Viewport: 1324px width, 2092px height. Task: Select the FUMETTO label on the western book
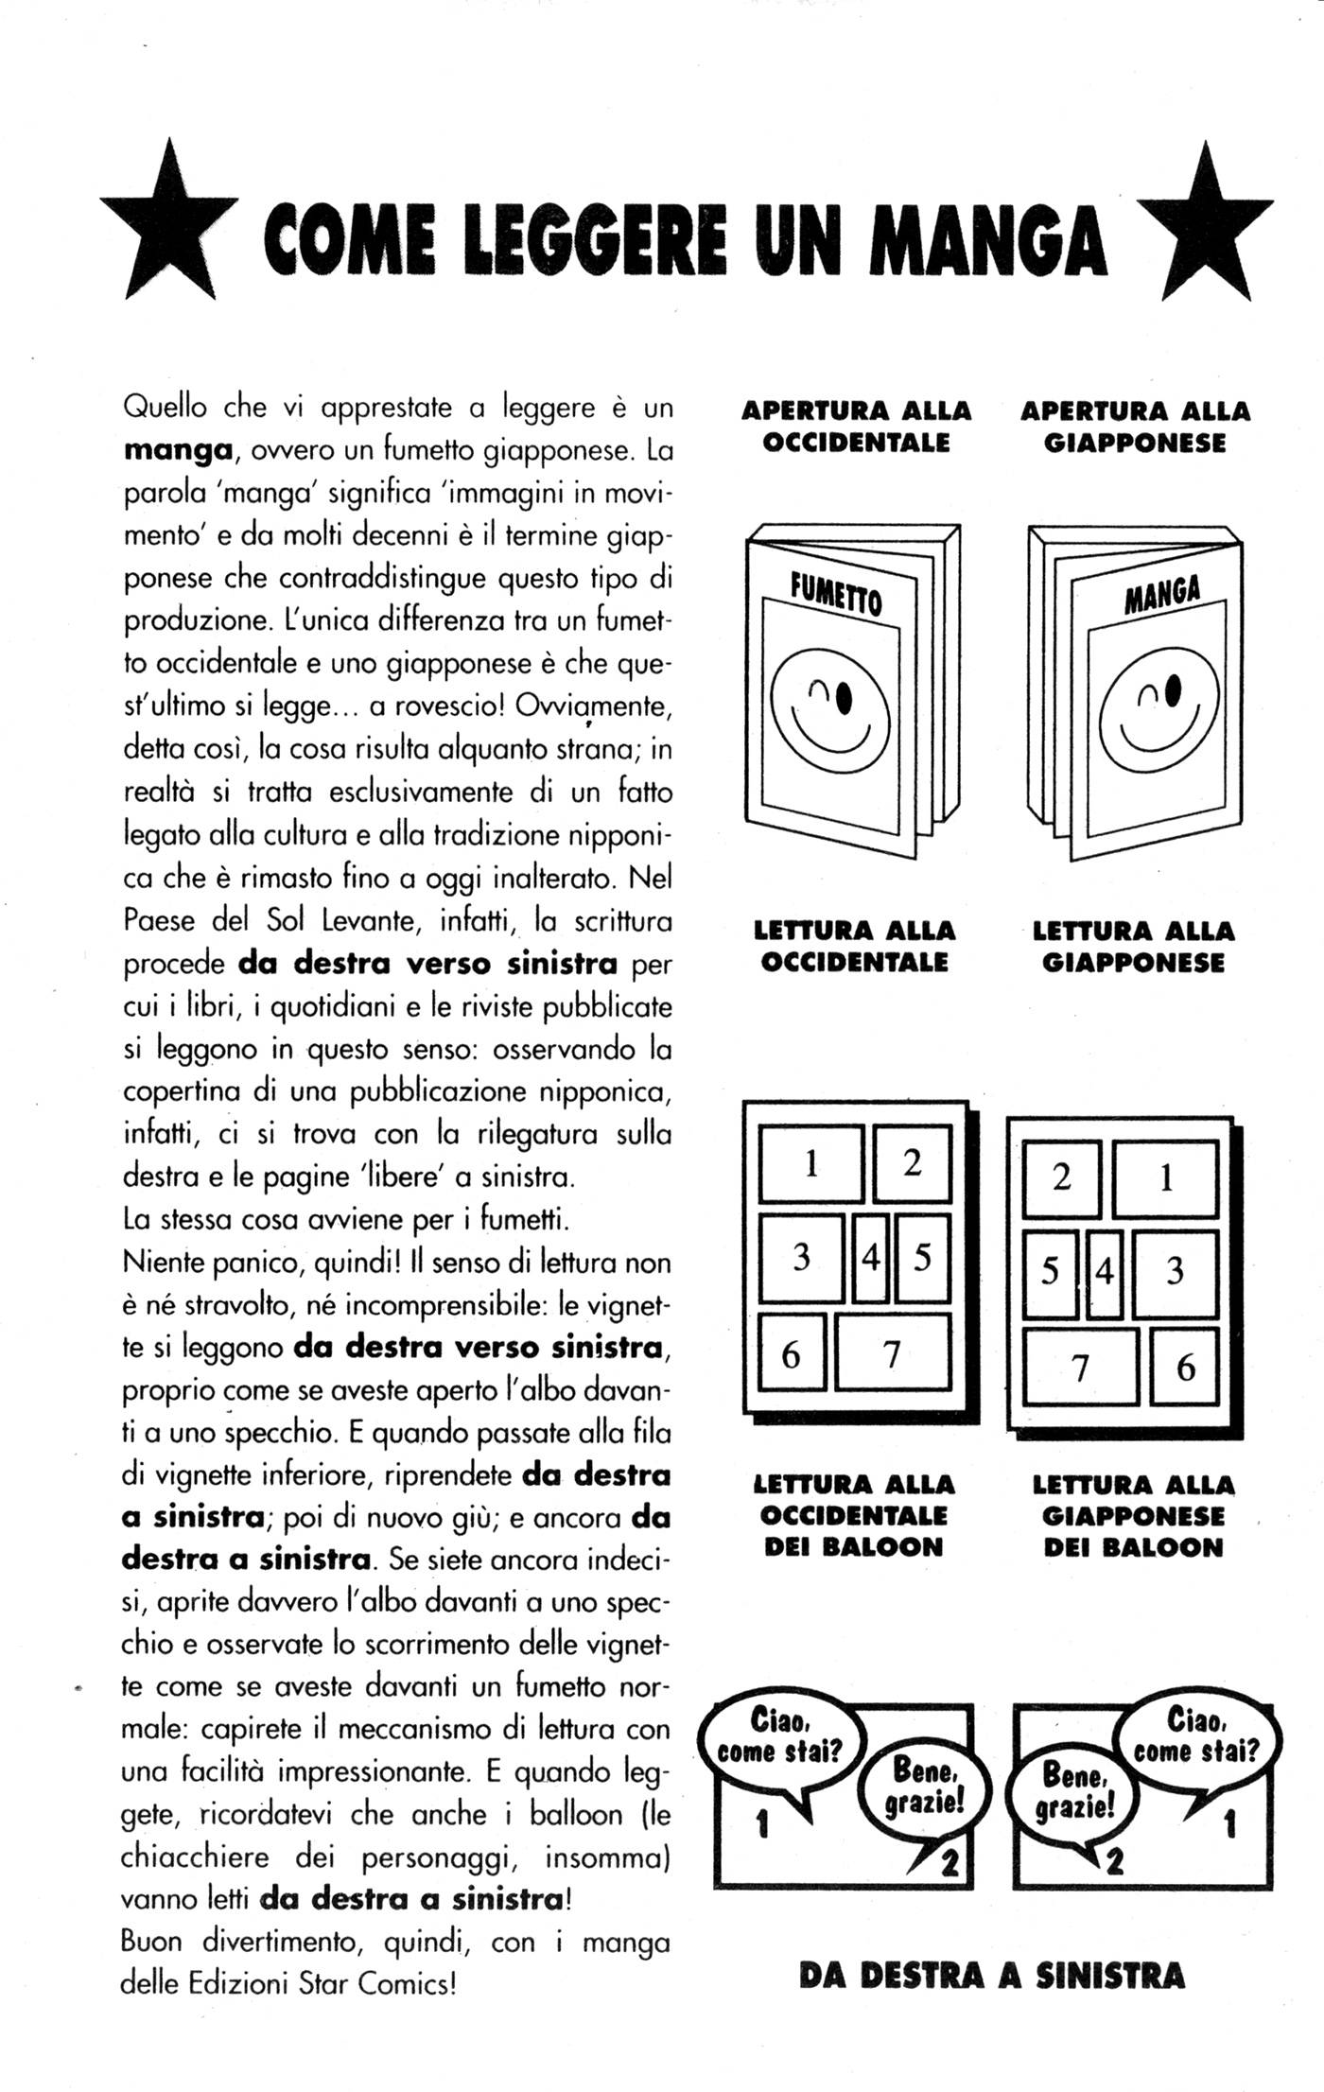point(836,597)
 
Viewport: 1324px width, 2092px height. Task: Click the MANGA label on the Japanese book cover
point(1162,595)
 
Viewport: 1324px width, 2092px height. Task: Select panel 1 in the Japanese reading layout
point(1164,1178)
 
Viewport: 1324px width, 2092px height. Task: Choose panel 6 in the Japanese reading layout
point(1184,1367)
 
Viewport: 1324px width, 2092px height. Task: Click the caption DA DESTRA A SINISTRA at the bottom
point(991,1976)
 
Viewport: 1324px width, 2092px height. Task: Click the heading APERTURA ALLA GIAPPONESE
point(1135,427)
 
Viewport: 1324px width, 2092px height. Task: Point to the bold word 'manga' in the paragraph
point(178,450)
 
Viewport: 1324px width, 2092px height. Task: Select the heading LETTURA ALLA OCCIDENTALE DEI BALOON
point(853,1515)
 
